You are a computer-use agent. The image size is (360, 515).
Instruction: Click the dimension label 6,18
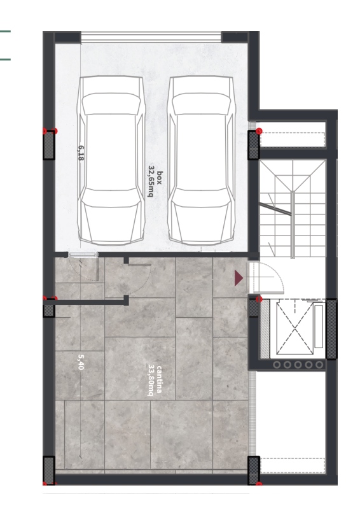[81, 153]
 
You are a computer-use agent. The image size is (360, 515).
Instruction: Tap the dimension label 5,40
[81, 362]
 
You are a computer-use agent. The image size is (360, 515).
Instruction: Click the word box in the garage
[159, 178]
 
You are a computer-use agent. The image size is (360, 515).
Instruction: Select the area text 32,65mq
[151, 181]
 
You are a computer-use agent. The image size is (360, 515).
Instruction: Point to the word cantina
[159, 379]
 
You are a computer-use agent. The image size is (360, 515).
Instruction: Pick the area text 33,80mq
[151, 380]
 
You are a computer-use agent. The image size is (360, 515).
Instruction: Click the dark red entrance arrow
[239, 278]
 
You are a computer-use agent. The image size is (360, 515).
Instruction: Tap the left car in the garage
[111, 160]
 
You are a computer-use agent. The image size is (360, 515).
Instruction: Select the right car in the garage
[202, 160]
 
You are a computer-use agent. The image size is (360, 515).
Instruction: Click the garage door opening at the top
[151, 37]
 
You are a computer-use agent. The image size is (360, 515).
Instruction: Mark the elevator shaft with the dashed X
[294, 328]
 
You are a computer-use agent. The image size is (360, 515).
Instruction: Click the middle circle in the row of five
[298, 365]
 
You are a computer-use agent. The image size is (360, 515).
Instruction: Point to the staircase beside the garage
[293, 209]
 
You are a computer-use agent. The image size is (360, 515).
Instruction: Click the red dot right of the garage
[259, 131]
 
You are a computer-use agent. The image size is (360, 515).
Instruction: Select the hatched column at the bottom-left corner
[49, 470]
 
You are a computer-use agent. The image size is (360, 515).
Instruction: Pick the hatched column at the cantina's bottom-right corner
[254, 470]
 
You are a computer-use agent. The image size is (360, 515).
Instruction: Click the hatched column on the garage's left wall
[49, 145]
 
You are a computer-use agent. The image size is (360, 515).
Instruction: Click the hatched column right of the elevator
[331, 328]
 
